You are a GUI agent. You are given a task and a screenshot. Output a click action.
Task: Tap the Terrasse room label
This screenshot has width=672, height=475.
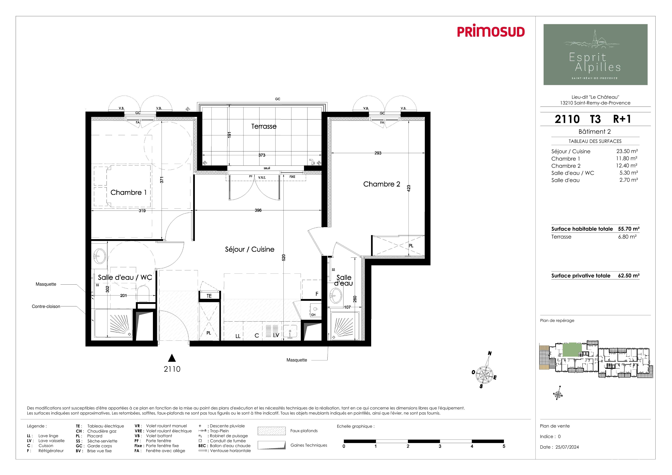click(264, 127)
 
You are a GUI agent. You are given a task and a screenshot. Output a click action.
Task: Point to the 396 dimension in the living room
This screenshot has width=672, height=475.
click(258, 210)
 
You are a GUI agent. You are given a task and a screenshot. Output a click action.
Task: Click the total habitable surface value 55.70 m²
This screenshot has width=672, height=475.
click(629, 229)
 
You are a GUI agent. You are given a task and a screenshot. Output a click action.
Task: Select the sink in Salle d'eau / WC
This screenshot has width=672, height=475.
click(100, 256)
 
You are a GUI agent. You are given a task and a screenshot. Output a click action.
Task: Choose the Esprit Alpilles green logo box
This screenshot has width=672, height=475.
click(595, 54)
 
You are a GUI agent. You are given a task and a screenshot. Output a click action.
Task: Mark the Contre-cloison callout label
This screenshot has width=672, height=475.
click(46, 306)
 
